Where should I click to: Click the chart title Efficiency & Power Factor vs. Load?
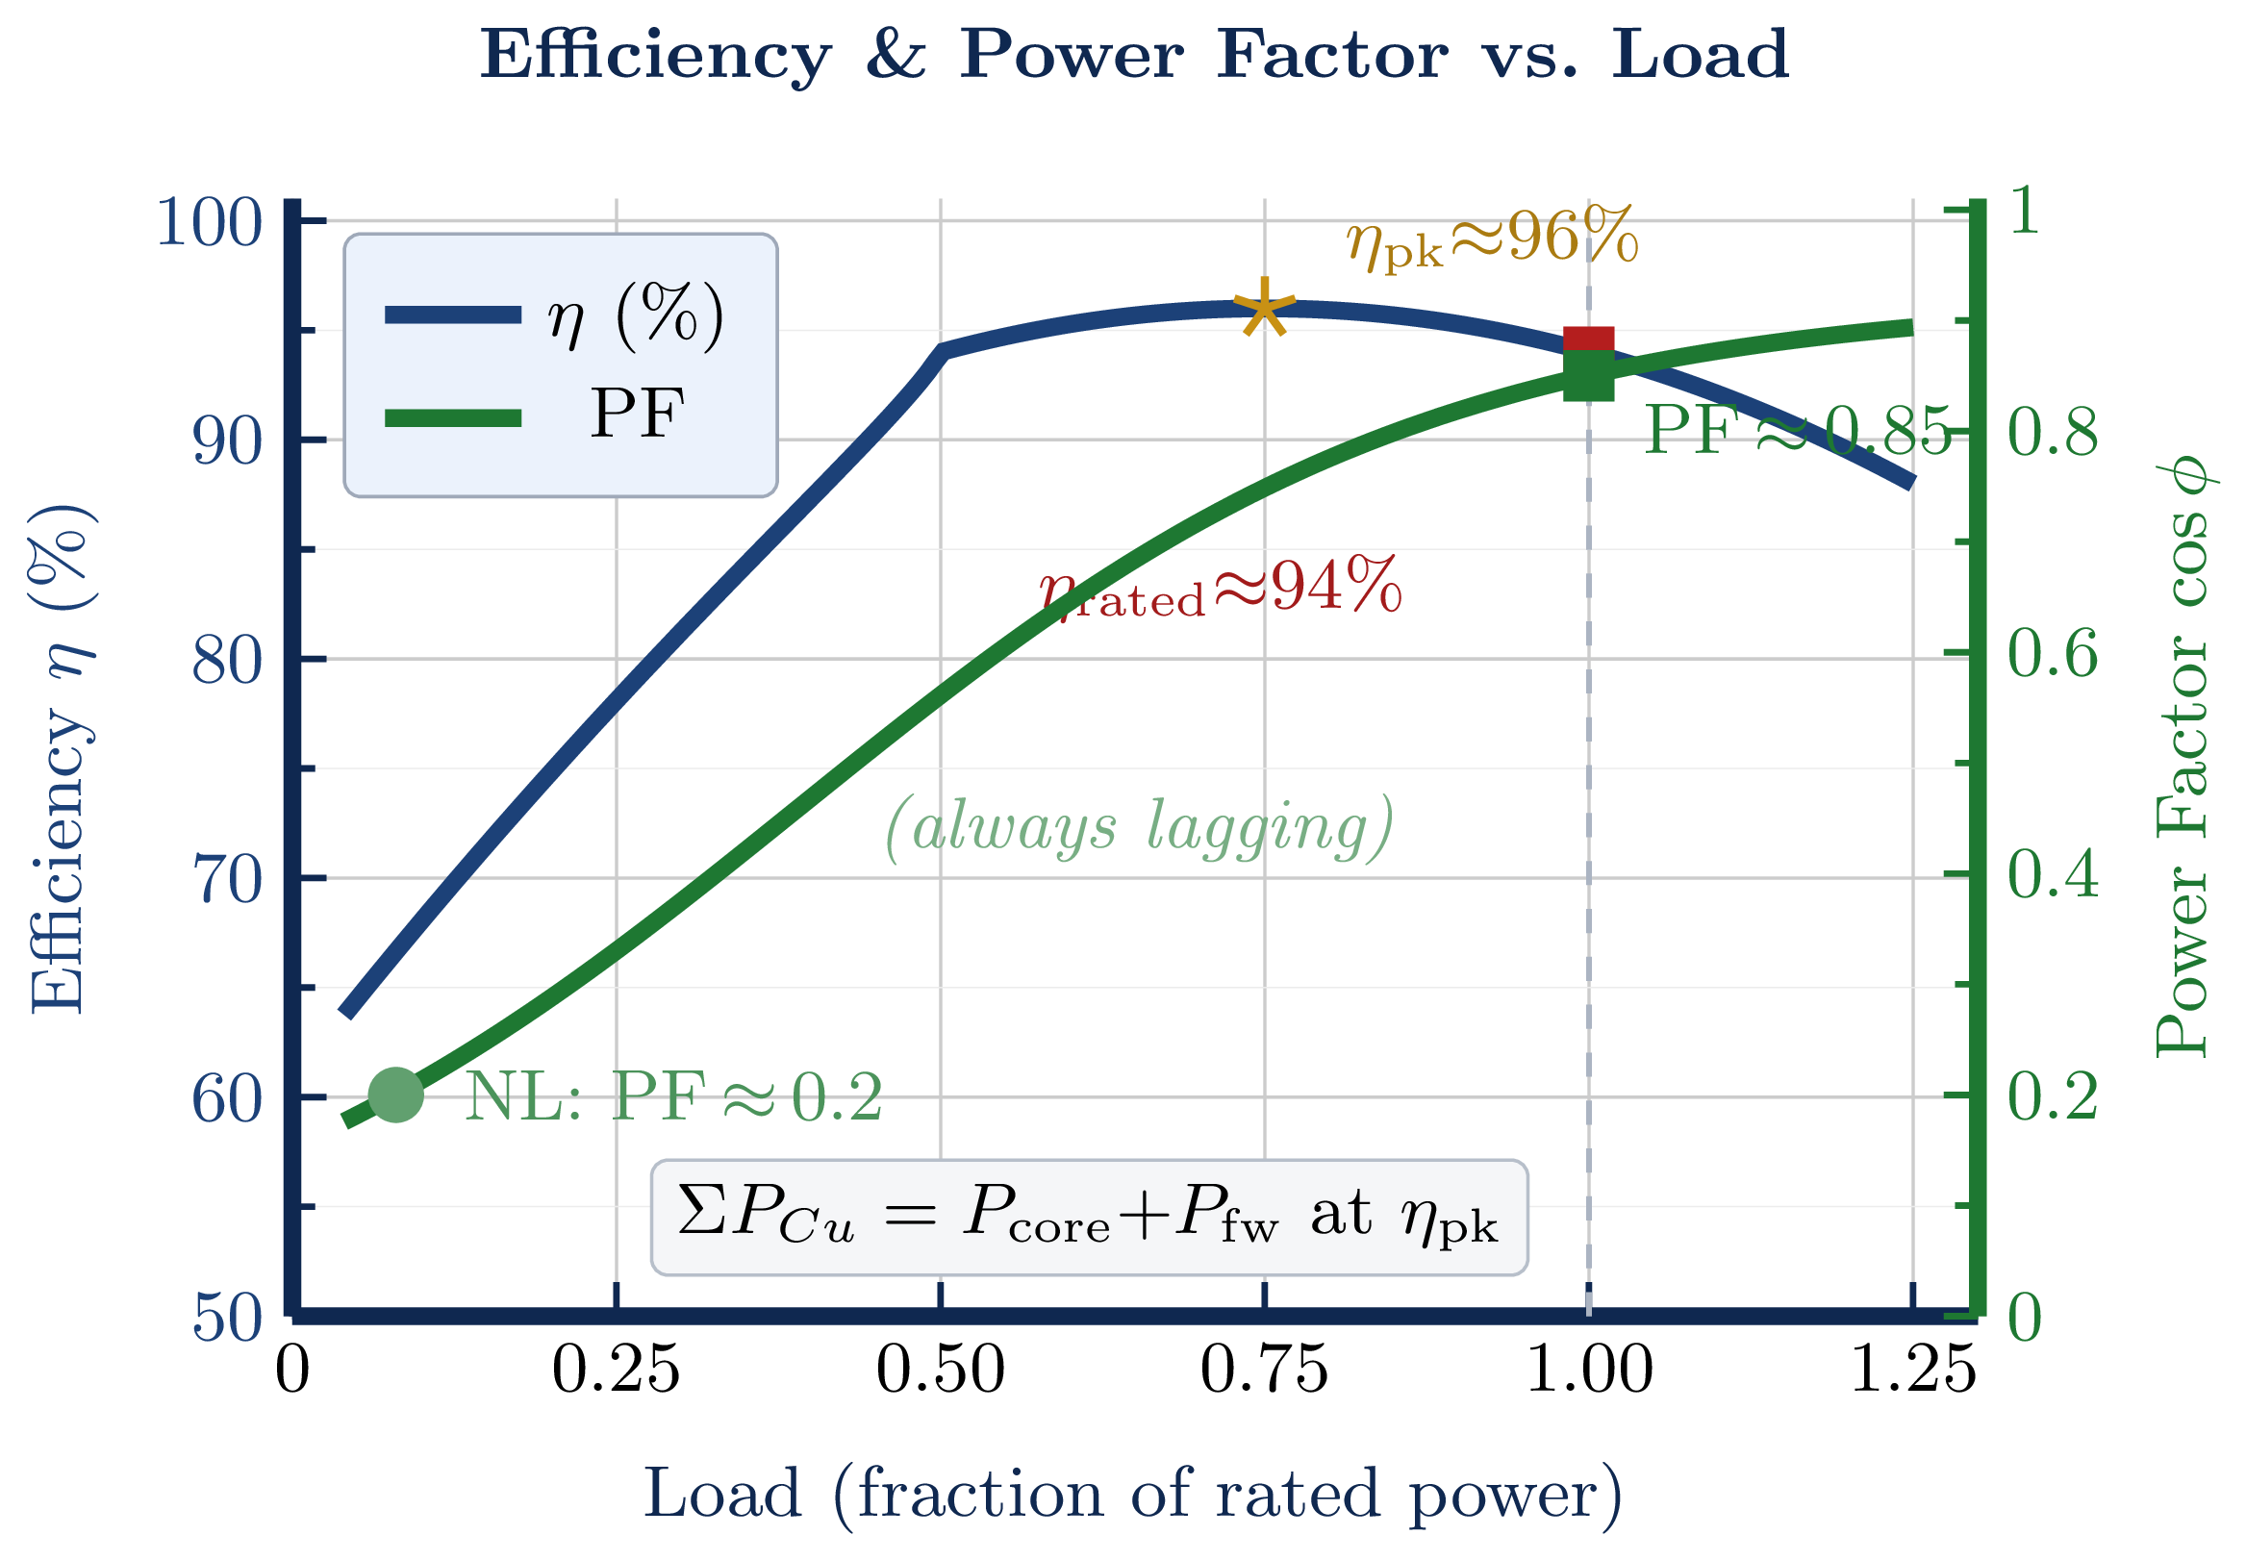[1133, 55]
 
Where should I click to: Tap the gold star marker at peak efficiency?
[1264, 309]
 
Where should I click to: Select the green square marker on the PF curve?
[1587, 375]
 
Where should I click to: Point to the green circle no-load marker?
[396, 1095]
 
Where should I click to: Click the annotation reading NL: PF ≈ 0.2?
[672, 1096]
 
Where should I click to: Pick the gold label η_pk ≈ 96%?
[1491, 239]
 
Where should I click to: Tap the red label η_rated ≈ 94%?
[1220, 590]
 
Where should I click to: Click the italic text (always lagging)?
[1139, 828]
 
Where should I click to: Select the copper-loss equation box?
[1089, 1218]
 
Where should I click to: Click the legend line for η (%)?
[453, 315]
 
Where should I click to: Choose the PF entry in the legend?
[635, 415]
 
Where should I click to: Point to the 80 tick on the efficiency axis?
[227, 661]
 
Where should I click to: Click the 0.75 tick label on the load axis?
[1264, 1371]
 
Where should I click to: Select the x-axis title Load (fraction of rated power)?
[1133, 1494]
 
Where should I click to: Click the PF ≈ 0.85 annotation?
[1797, 430]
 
